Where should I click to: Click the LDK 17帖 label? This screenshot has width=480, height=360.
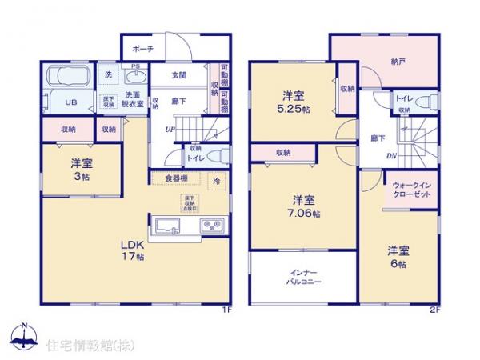[132, 250]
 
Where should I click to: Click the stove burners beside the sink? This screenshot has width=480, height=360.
[214, 224]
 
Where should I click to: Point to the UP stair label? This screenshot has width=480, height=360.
[170, 129]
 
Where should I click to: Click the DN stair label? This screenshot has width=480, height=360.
[391, 156]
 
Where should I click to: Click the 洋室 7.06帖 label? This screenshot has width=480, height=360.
[304, 206]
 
